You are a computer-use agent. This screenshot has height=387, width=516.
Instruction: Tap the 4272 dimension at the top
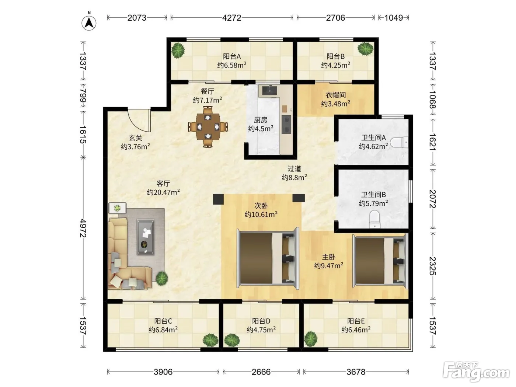coord(231,18)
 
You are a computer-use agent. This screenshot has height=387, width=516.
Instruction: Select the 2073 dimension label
coord(137,18)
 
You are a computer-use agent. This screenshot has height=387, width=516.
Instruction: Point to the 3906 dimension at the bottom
coord(163,372)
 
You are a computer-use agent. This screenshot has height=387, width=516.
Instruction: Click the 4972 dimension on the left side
coord(83,228)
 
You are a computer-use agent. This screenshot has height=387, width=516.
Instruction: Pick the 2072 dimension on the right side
coord(433,199)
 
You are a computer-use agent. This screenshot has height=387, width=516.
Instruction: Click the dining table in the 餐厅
coord(208,127)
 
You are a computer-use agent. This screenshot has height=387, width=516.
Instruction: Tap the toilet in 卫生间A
coord(399,142)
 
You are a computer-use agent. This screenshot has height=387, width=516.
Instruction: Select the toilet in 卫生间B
coord(375,219)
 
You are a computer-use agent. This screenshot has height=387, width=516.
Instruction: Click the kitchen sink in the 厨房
coord(269,90)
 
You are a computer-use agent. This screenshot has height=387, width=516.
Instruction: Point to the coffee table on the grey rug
coord(146,237)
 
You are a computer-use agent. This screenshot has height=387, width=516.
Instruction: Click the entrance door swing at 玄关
coord(139,120)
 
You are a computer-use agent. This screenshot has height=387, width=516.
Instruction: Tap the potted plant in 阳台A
coord(178,50)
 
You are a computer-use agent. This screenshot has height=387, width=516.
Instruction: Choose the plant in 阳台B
coord(365,49)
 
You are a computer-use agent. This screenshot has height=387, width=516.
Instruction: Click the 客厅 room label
coord(163,184)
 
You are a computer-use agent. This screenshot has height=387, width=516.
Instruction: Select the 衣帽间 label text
coord(336,95)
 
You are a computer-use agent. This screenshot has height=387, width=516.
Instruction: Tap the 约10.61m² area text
coord(261,214)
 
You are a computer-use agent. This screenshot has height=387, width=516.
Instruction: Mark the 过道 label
coord(294,169)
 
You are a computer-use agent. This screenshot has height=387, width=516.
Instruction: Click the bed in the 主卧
coord(380,261)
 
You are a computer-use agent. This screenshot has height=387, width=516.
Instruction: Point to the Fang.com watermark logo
coord(476,372)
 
